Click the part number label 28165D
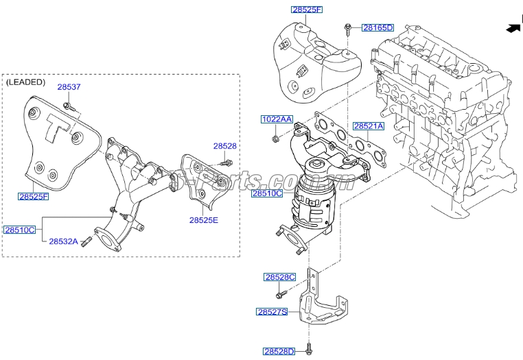(377, 27)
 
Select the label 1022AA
(277, 119)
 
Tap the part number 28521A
(369, 127)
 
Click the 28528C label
(279, 277)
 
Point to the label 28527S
(272, 311)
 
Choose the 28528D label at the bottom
(279, 352)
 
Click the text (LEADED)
(26, 82)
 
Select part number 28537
(69, 87)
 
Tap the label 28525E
(204, 220)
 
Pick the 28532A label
(63, 241)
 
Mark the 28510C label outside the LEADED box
(266, 194)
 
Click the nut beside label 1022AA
(275, 140)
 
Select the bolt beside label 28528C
(281, 294)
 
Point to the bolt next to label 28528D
(308, 348)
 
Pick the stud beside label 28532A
(86, 241)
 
